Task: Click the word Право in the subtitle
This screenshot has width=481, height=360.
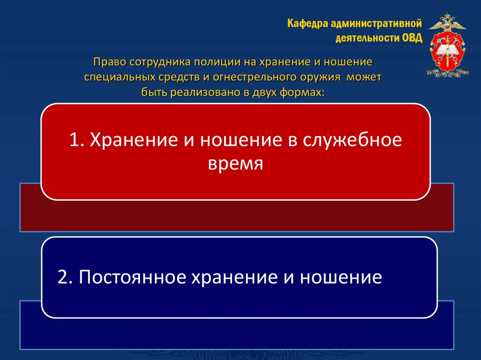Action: click(x=106, y=61)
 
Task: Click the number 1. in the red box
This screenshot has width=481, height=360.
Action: click(x=77, y=140)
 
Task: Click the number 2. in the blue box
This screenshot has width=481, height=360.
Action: click(x=64, y=277)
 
